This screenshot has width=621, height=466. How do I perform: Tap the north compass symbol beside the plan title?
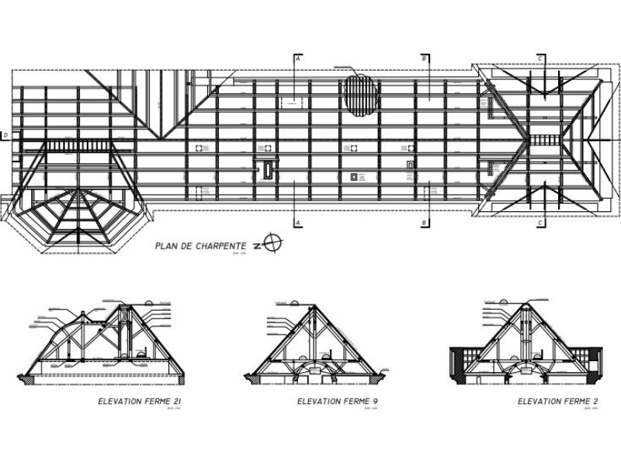pyautogui.click(x=272, y=244)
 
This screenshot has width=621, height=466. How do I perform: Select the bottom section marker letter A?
pyautogui.click(x=297, y=223)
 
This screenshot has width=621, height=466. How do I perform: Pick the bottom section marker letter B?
pyautogui.click(x=425, y=223)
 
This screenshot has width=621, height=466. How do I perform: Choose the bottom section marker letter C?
pyautogui.click(x=539, y=223)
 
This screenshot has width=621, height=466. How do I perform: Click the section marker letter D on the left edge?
pyautogui.click(x=6, y=137)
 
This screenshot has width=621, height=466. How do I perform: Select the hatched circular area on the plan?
pyautogui.click(x=362, y=95)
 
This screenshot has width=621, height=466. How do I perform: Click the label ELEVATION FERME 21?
pyautogui.click(x=140, y=402)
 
